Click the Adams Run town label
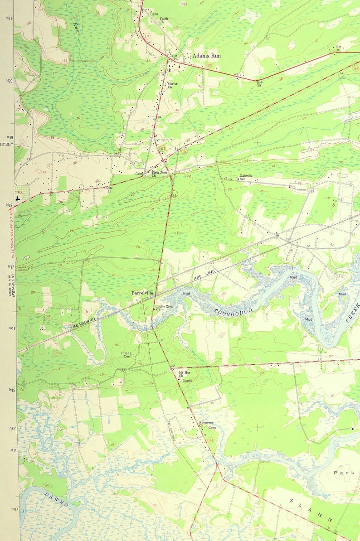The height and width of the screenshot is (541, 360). [x=206, y=55]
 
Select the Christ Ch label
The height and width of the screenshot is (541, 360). [x=172, y=85]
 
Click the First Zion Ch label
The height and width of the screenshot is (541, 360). [x=159, y=174]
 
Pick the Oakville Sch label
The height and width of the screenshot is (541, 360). [x=246, y=177]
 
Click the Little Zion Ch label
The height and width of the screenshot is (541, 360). [x=164, y=308]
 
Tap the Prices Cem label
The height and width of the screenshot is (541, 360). [x=126, y=354]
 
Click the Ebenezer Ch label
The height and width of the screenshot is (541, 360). [x=206, y=424]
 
